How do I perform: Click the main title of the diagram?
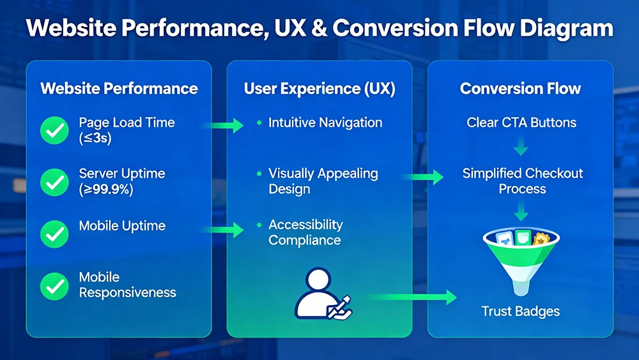click(319, 29)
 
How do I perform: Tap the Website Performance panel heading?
click(119, 88)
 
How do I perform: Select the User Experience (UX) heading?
click(319, 89)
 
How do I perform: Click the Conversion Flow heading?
click(520, 89)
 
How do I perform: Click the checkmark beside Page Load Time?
click(54, 130)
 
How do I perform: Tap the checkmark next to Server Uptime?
click(54, 182)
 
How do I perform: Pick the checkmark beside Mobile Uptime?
click(54, 234)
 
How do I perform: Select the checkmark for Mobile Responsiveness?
click(54, 286)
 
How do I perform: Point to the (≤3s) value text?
click(95, 138)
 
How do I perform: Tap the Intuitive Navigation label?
click(325, 122)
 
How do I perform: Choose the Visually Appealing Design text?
click(323, 181)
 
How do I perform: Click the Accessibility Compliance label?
click(305, 232)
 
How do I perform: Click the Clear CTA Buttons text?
click(521, 122)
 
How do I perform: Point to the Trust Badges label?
click(520, 311)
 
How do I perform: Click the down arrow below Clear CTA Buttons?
click(521, 148)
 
